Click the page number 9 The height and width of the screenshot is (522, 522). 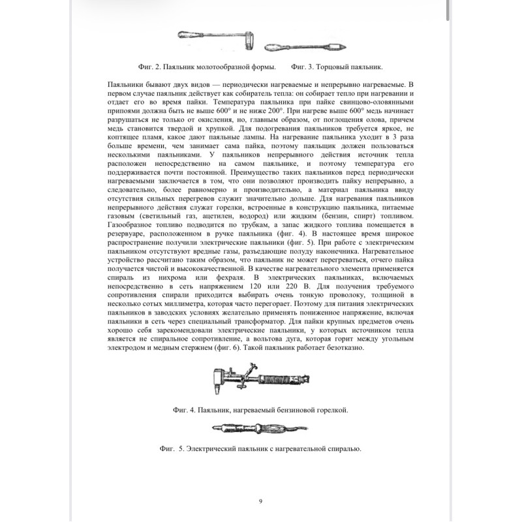click(x=260, y=501)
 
